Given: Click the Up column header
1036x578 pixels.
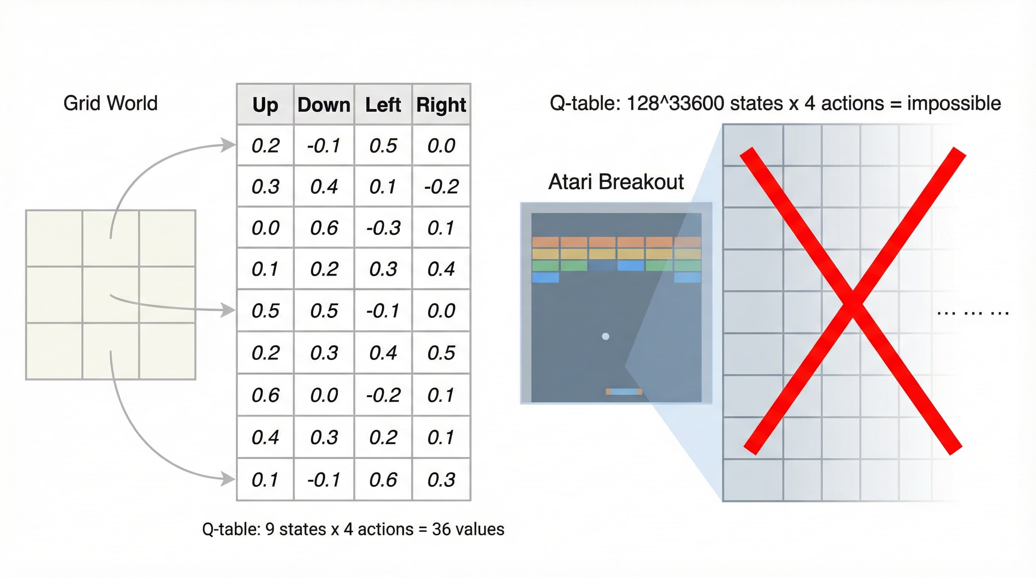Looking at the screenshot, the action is [265, 105].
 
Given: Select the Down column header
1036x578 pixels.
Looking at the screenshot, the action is [324, 105].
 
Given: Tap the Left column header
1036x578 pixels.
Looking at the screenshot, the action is [383, 105].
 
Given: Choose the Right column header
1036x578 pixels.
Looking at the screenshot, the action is [441, 105].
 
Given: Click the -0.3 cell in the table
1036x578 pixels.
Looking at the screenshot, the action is [383, 228].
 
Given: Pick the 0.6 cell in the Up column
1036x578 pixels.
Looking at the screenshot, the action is [265, 395].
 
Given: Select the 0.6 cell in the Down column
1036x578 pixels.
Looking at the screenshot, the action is [324, 228].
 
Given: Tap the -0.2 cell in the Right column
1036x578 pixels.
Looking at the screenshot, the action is [441, 187].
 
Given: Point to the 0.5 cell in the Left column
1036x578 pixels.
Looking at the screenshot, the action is [383, 146].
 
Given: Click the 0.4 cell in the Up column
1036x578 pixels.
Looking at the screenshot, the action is [265, 437].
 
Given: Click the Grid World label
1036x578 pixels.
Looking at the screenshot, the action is [111, 103].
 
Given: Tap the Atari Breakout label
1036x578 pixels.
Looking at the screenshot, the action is [616, 182].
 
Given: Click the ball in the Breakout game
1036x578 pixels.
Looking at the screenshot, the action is [605, 336].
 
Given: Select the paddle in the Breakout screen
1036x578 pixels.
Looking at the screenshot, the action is [624, 391].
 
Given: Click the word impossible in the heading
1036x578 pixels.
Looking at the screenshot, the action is [954, 104].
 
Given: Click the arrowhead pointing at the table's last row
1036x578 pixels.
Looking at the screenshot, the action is [229, 478].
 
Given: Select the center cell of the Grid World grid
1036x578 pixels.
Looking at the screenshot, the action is [111, 294].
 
